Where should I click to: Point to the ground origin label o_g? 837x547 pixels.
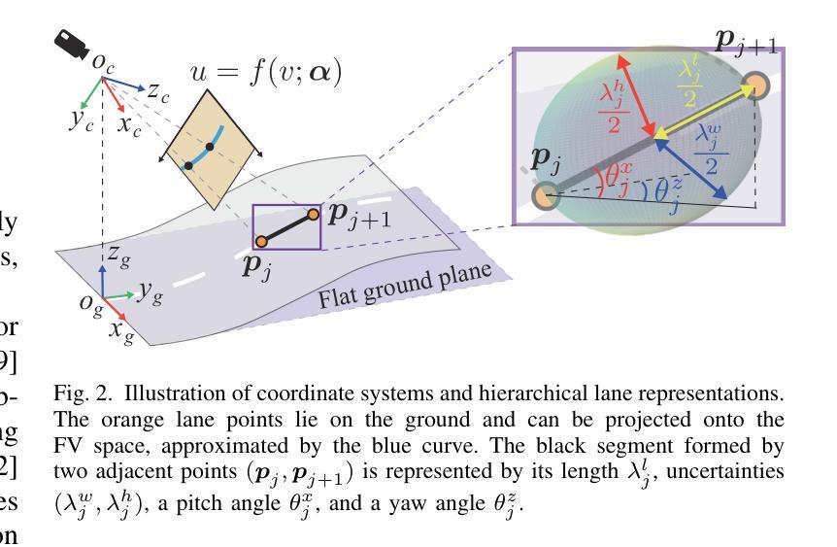(89, 301)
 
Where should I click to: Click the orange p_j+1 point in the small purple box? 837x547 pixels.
(313, 214)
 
